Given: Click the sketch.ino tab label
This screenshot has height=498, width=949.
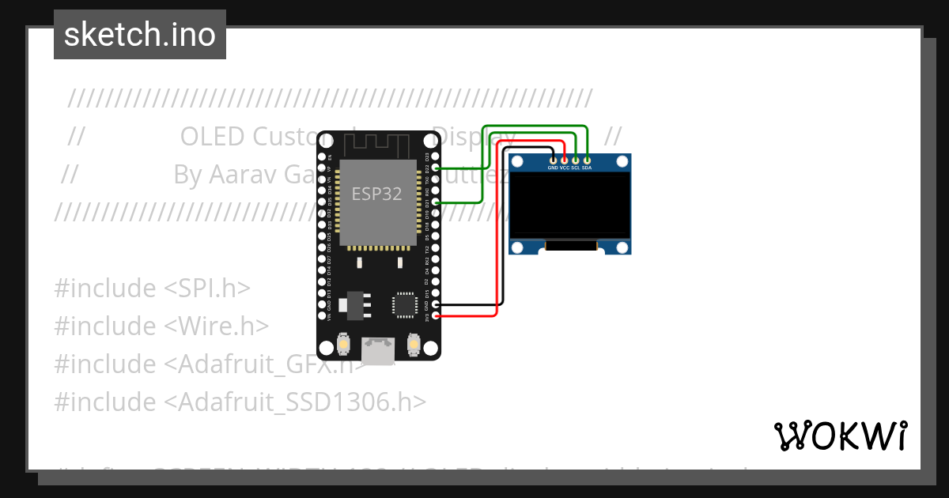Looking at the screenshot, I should pyautogui.click(x=140, y=35).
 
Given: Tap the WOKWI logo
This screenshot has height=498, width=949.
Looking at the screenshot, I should pyautogui.click(x=840, y=436).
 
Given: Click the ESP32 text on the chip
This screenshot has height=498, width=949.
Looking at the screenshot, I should pyautogui.click(x=377, y=194).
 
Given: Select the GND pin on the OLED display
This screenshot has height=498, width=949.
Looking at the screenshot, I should pyautogui.click(x=553, y=160).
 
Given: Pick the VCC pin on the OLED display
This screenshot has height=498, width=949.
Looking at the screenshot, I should pyautogui.click(x=564, y=160).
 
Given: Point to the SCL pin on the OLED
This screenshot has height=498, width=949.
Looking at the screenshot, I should pyautogui.click(x=576, y=160).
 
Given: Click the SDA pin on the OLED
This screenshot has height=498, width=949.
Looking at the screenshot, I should pyautogui.click(x=587, y=160).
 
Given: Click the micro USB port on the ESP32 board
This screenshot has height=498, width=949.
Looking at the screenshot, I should pyautogui.click(x=379, y=348).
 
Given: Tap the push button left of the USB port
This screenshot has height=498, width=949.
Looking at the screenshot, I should pyautogui.click(x=344, y=345).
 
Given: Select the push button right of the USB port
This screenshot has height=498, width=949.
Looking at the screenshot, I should pyautogui.click(x=413, y=345).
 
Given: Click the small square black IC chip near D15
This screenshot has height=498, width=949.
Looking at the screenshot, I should pyautogui.click(x=404, y=304).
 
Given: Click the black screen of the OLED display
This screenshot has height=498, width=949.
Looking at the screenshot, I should pyautogui.click(x=569, y=206).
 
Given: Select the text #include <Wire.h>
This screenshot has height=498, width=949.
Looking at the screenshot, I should pyautogui.click(x=161, y=326).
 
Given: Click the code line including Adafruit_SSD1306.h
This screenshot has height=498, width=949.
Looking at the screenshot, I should pyautogui.click(x=240, y=402).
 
